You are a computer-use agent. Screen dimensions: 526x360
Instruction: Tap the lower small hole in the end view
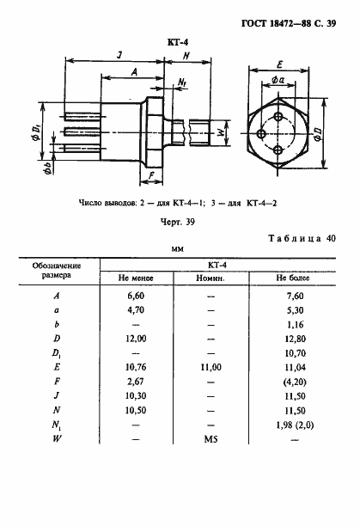coord(278,151)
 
